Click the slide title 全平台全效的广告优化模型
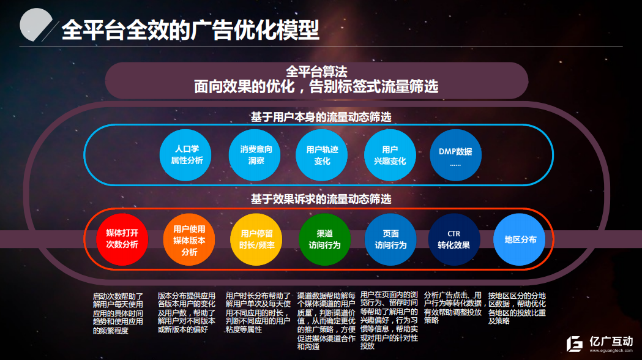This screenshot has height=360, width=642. point(190,30)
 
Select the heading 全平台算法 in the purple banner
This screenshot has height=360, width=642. point(316,72)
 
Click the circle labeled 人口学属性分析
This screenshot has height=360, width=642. point(185,155)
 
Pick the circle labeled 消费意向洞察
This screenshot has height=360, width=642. point(255,155)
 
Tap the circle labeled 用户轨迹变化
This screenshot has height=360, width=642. point(322,155)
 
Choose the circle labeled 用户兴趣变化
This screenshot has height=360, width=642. point(390,155)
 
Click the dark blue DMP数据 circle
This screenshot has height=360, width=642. point(456,155)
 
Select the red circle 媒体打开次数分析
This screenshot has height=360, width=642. point(122,239)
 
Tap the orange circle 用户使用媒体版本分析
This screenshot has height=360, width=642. point(188,239)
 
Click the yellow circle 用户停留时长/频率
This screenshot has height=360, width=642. point(256,239)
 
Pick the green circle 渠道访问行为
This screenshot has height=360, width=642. point(324,239)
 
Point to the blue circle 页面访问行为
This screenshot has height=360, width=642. point(390,239)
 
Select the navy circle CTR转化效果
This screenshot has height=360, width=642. point(454,239)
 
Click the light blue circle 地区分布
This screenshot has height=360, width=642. point(520,239)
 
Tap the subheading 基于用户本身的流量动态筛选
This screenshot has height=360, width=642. point(321,117)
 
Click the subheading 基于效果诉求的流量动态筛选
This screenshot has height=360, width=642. point(321,199)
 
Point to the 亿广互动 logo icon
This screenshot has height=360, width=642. point(575,344)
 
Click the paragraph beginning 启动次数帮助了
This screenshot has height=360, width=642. point(118,313)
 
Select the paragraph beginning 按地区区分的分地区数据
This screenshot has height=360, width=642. point(517,308)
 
